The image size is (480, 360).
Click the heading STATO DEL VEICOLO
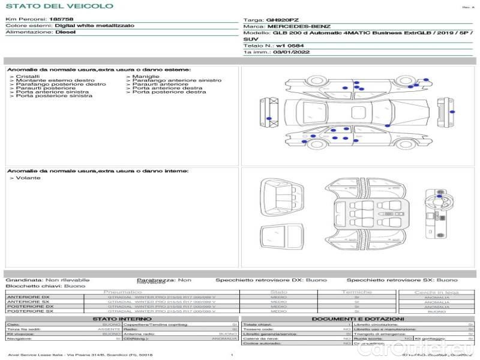pos(59,6)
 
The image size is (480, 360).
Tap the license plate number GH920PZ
pos(282,19)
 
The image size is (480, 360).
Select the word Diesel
pos(65,32)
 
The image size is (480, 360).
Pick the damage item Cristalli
pos(28,77)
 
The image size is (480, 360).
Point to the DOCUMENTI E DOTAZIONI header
pos(358,319)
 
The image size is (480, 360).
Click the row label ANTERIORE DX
pos(28,297)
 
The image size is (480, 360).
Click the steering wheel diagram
pos(433,199)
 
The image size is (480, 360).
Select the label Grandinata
pos(24,280)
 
